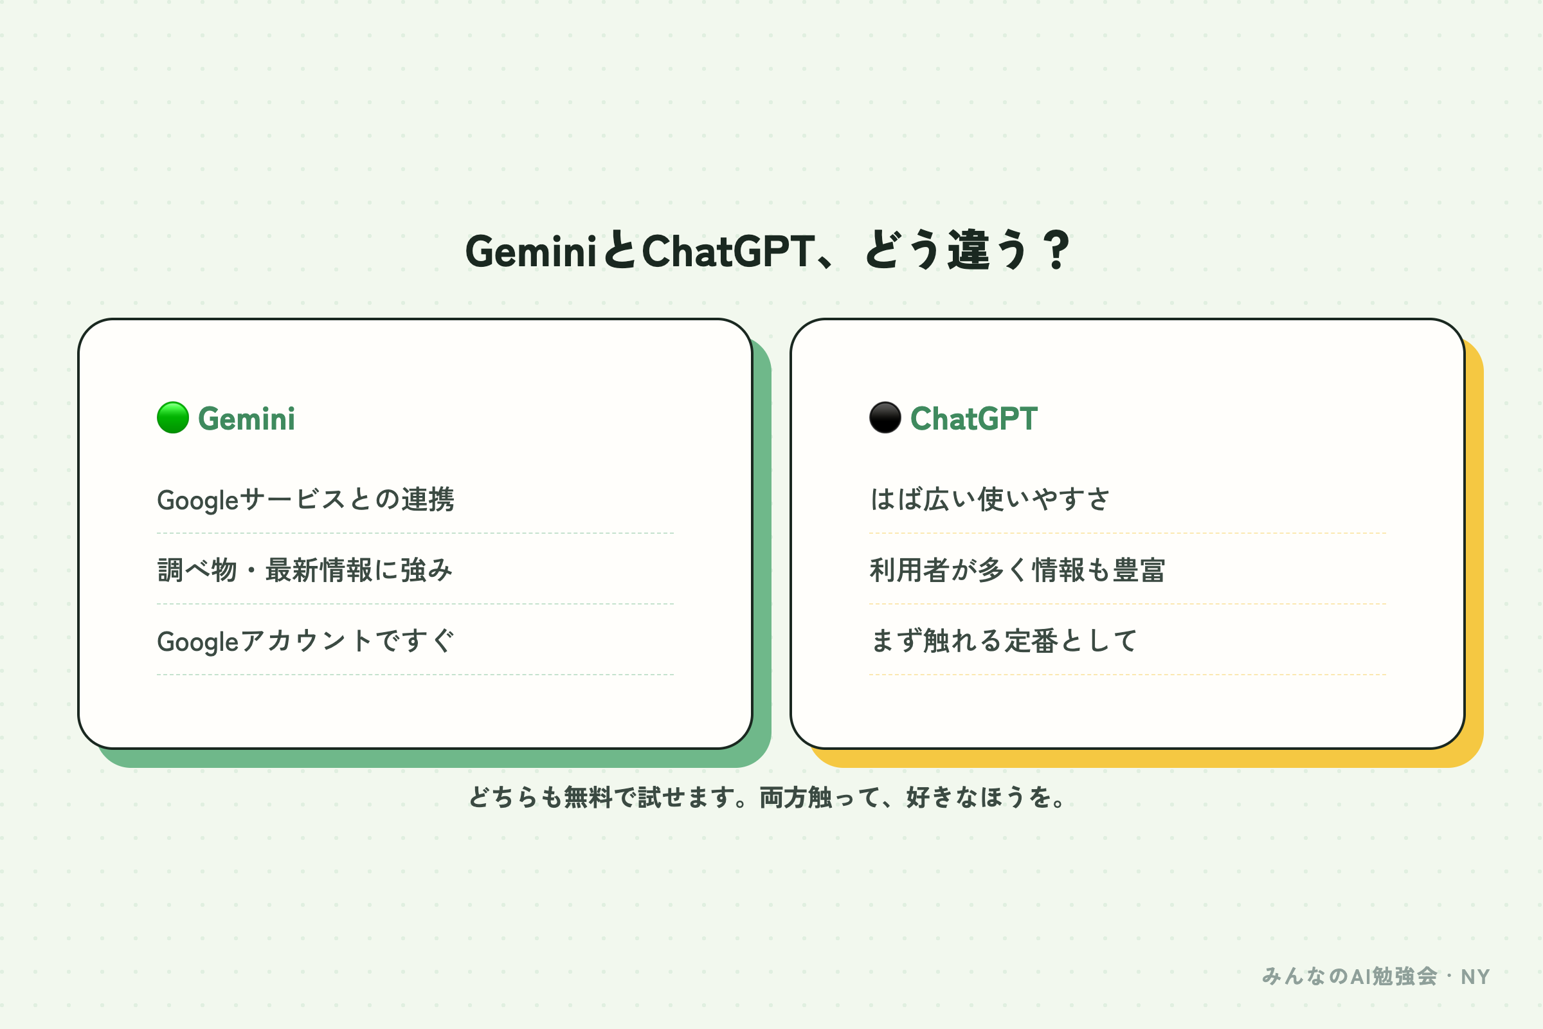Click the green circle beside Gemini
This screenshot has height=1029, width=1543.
point(173,417)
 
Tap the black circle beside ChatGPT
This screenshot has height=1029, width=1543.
point(885,417)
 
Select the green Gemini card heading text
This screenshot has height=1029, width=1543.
point(247,419)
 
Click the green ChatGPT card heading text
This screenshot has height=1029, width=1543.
point(973,419)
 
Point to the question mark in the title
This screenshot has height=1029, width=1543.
point(1056,250)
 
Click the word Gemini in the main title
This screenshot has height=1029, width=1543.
point(530,251)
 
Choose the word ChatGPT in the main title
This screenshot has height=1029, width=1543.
point(728,251)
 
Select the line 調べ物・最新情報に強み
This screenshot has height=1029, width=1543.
point(305,570)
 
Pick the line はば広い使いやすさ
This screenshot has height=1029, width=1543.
point(990,499)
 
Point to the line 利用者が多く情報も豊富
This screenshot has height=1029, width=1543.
point(1018,570)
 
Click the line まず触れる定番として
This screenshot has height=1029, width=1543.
point(1004,641)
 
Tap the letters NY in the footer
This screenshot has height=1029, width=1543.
point(1475,977)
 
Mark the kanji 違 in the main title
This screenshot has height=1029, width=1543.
point(968,250)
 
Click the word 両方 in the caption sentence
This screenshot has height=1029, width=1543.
point(784,797)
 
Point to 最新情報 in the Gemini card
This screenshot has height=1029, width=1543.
point(319,570)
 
